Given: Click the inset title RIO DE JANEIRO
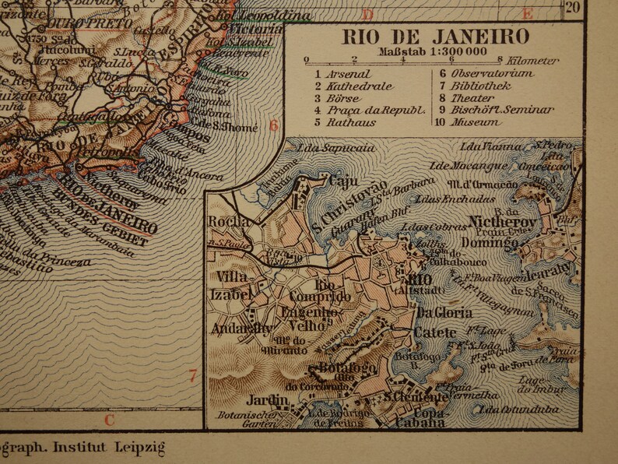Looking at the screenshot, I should (436, 37).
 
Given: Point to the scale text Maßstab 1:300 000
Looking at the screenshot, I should (434, 52).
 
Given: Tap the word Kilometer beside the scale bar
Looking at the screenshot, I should (532, 60).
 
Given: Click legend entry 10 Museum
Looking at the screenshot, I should (474, 122).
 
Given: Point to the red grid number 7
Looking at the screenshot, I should (193, 377).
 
